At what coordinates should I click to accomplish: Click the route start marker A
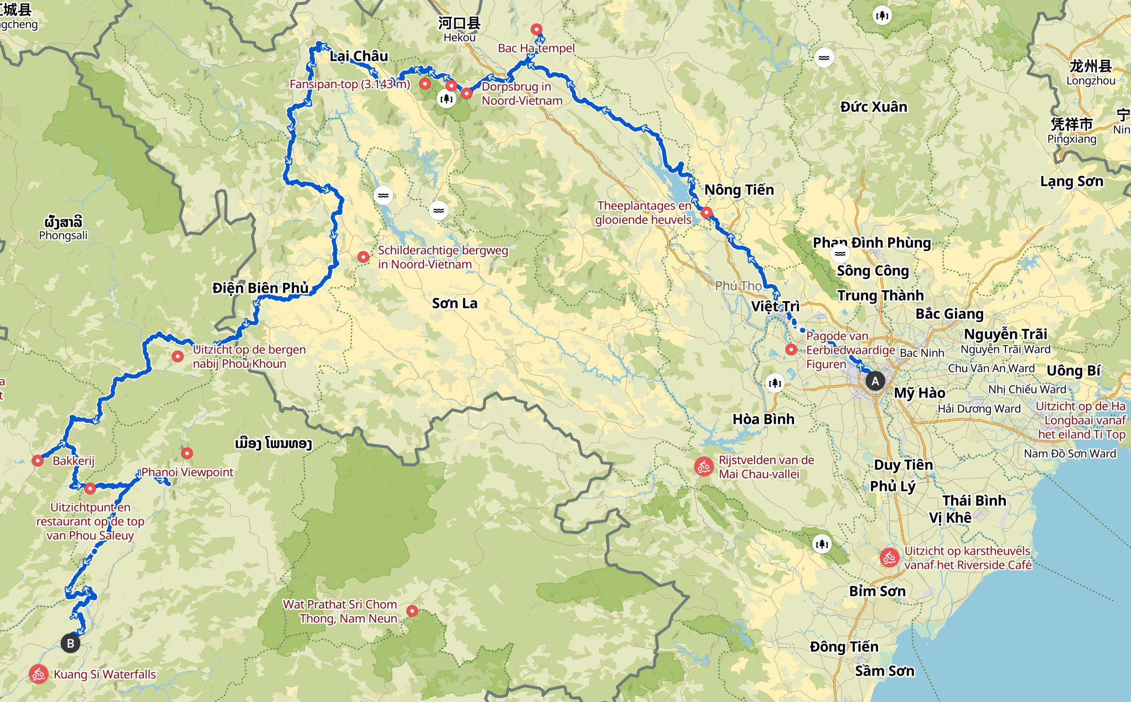[x=875, y=381]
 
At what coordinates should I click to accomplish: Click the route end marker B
[x=71, y=643]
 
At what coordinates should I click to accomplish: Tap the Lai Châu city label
[x=359, y=56]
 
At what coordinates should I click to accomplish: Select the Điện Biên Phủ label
[x=260, y=288]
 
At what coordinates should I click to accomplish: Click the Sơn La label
[x=454, y=304]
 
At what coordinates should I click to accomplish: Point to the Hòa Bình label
[x=763, y=419]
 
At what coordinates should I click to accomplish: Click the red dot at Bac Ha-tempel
[x=537, y=29]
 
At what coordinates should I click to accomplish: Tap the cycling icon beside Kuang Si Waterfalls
[x=39, y=674]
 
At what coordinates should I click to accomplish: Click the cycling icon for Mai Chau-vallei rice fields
[x=704, y=467]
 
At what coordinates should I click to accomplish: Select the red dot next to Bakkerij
[x=38, y=461]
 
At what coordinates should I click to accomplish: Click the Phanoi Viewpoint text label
[x=188, y=472]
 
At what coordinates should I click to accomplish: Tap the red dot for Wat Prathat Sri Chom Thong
[x=412, y=611]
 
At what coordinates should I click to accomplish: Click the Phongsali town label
[x=63, y=235]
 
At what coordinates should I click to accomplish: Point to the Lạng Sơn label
[x=1072, y=182]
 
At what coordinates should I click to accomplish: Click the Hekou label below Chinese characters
[x=459, y=38]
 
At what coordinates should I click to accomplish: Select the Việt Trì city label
[x=775, y=306]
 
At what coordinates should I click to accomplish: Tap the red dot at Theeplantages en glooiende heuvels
[x=706, y=212]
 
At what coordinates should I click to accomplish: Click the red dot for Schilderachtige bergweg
[x=363, y=257]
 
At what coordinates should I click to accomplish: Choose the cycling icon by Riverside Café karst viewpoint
[x=889, y=558]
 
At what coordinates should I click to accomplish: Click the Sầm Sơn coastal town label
[x=884, y=671]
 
